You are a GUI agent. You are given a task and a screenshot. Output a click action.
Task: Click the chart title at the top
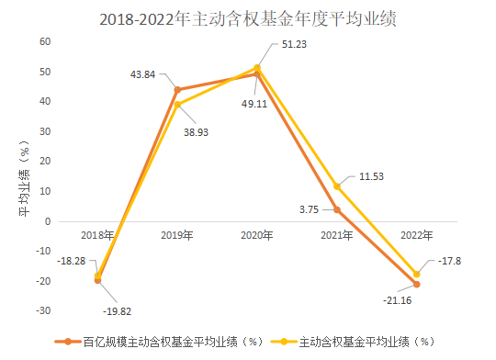click(x=247, y=18)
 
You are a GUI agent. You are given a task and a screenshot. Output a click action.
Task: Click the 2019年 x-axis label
click(x=176, y=236)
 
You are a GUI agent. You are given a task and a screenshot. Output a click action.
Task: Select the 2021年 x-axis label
click(x=337, y=236)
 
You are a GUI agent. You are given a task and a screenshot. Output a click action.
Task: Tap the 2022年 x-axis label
click(x=417, y=236)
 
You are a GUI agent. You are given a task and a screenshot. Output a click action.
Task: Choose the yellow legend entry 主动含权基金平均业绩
click(x=354, y=343)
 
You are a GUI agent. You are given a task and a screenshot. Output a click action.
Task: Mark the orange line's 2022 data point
click(x=417, y=284)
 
